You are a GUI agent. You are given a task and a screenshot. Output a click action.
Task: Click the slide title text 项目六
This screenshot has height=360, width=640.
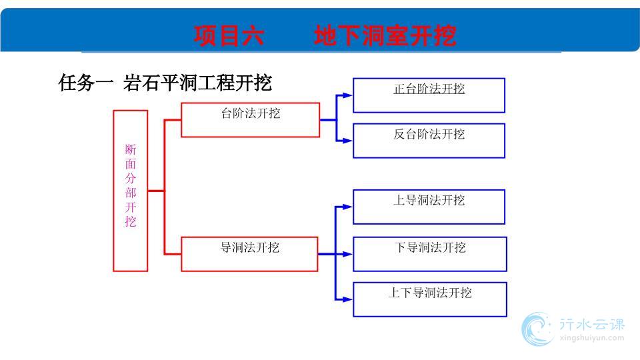(x=229, y=35)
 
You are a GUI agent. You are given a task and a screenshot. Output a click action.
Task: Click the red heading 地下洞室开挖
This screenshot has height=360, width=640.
(x=385, y=35)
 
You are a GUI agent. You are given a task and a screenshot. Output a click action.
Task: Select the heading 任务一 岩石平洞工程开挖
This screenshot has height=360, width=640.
(x=165, y=83)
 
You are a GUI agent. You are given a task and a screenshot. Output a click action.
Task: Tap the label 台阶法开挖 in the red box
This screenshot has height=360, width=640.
(x=251, y=113)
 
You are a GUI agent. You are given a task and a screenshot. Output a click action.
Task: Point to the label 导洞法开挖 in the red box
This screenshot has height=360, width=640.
(x=250, y=247)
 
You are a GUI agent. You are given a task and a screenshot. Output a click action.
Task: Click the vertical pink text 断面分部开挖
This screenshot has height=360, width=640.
(x=131, y=185)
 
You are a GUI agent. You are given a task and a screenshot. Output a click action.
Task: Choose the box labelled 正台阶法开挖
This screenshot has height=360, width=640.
(x=429, y=95)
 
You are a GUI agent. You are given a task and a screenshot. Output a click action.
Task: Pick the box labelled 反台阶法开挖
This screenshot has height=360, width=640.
(x=429, y=141)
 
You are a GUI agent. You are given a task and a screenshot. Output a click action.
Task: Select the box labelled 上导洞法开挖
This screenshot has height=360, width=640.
(x=429, y=207)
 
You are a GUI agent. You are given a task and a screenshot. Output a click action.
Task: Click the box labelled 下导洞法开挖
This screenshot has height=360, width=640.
(x=430, y=254)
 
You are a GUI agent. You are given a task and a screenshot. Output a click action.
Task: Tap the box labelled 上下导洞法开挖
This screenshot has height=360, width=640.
(x=430, y=299)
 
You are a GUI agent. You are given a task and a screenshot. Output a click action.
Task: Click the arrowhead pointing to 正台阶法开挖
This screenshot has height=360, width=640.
(x=347, y=95)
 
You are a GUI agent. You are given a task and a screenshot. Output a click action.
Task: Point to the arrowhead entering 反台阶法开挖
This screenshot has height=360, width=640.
(x=347, y=141)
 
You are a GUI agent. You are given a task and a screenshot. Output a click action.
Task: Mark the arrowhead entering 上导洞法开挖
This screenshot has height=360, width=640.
(x=347, y=207)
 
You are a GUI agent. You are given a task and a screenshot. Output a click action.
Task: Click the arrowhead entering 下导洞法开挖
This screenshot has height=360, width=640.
(x=347, y=254)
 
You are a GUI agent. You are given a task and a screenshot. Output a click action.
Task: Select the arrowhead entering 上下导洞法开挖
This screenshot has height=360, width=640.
(x=347, y=299)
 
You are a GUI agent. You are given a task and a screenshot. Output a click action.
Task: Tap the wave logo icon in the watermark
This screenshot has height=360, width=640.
(x=537, y=329)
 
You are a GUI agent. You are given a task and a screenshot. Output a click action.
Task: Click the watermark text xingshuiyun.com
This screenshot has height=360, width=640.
(x=592, y=338)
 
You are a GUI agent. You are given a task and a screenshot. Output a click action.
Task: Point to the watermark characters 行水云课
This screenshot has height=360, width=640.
(x=592, y=325)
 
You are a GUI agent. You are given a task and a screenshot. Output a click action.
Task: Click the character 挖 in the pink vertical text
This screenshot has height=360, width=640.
(x=131, y=221)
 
